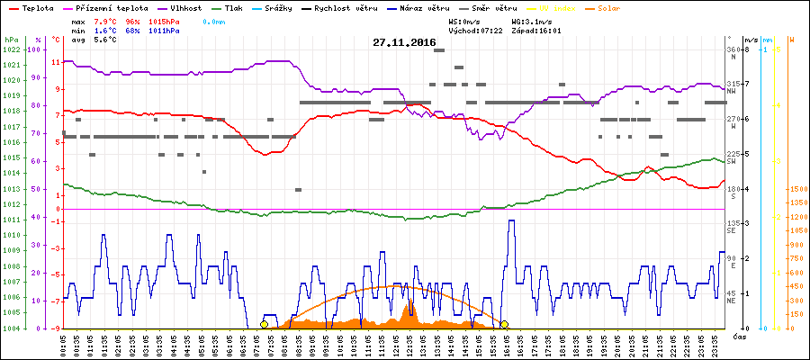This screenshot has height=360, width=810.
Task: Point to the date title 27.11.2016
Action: click(x=405, y=42)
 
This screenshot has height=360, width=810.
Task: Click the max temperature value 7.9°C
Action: click(x=107, y=20)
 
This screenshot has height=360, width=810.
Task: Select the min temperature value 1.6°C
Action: click(x=107, y=30)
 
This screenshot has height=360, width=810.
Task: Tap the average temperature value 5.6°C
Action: click(x=107, y=40)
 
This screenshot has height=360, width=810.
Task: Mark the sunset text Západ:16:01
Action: click(x=535, y=30)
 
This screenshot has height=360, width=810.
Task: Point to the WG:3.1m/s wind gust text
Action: click(x=532, y=20)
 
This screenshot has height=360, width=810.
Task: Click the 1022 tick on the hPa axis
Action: click(x=11, y=49)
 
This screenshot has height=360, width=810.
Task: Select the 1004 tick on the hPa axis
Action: click(x=11, y=328)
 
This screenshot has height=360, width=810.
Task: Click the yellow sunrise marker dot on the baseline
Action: click(x=264, y=324)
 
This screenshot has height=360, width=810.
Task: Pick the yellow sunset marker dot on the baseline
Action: click(x=505, y=324)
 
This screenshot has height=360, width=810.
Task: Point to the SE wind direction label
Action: click(x=732, y=231)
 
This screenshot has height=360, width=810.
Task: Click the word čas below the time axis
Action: click(x=738, y=337)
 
